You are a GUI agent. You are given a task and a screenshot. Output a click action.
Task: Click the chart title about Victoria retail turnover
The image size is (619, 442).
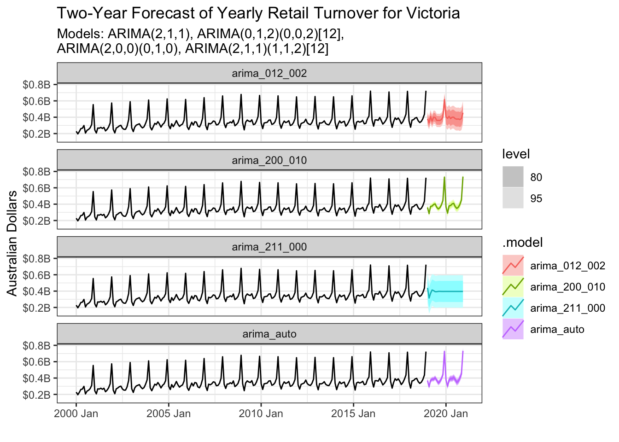pyautogui.click(x=258, y=13)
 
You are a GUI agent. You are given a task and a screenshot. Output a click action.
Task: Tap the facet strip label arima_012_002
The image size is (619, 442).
pyautogui.click(x=269, y=73)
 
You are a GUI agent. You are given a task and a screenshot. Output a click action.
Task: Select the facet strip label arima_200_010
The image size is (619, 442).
pyautogui.click(x=269, y=160)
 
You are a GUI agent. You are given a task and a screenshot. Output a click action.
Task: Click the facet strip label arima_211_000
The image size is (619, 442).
pyautogui.click(x=269, y=247)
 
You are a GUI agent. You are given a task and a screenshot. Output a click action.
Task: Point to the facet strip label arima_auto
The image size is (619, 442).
pyautogui.click(x=269, y=334)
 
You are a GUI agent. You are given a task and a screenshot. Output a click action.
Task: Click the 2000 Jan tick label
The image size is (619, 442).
pyautogui.click(x=76, y=413)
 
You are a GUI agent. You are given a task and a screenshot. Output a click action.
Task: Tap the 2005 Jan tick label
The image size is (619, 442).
pyautogui.click(x=169, y=413)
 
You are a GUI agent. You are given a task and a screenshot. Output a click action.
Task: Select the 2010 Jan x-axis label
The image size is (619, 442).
pyautogui.click(x=261, y=413)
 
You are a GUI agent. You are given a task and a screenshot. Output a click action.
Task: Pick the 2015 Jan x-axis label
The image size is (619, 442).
pyautogui.click(x=353, y=413)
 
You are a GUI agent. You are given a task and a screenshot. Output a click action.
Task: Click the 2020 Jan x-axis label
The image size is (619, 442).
pyautogui.click(x=445, y=413)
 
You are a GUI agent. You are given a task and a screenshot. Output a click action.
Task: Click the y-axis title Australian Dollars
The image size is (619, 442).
pyautogui.click(x=12, y=243)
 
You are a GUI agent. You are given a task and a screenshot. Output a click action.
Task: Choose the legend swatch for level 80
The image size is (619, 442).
pyautogui.click(x=513, y=177)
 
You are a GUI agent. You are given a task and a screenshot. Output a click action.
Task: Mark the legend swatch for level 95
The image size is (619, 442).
pyautogui.click(x=513, y=198)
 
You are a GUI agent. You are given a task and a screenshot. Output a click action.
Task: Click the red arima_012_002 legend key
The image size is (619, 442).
pyautogui.click(x=513, y=265)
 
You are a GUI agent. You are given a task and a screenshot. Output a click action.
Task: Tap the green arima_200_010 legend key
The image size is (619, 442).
pyautogui.click(x=513, y=286)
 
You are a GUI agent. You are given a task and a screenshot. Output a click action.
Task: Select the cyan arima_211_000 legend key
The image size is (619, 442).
pyautogui.click(x=513, y=308)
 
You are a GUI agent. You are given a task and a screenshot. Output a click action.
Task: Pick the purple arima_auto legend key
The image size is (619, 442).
pyautogui.click(x=513, y=329)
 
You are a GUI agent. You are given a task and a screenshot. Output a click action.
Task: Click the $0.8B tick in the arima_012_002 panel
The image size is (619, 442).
pyautogui.click(x=36, y=85)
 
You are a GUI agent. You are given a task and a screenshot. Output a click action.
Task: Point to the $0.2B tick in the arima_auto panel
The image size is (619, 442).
pyautogui.click(x=36, y=395)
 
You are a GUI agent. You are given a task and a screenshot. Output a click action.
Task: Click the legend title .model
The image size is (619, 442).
pyautogui.click(x=522, y=243)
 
